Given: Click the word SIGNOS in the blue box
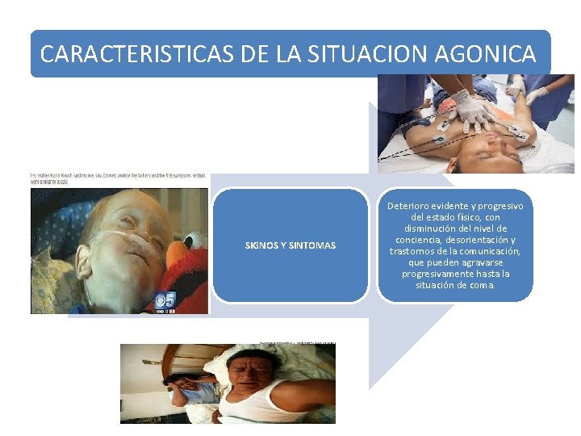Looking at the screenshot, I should click(262, 245).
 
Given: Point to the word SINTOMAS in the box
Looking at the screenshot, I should click(315, 245).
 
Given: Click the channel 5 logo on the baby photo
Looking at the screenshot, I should click(165, 300).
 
